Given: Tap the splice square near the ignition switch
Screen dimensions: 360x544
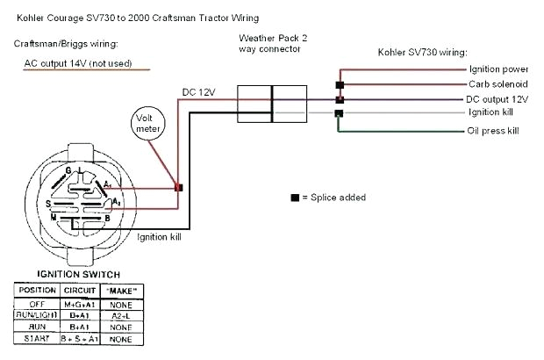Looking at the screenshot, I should point(179,187).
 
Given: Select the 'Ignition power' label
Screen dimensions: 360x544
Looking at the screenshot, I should point(497,68).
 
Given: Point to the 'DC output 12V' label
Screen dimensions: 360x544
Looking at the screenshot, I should point(497,98).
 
